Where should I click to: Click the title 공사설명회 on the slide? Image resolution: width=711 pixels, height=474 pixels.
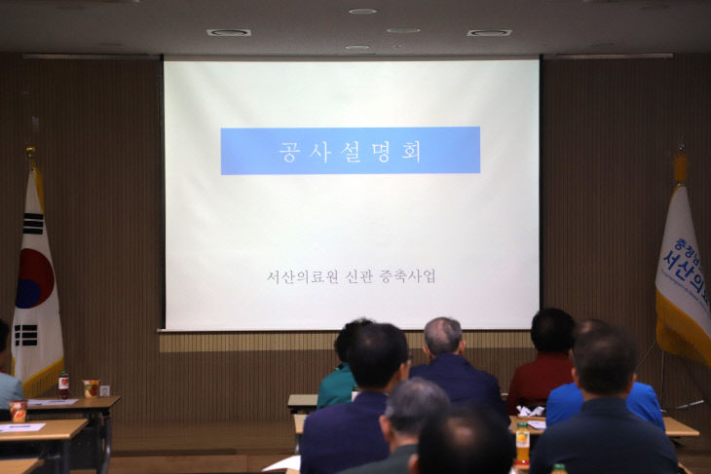[x=350, y=152]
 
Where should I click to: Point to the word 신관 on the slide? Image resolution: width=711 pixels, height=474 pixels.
[x=359, y=276]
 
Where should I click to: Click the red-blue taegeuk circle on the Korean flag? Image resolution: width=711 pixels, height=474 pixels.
[x=34, y=278]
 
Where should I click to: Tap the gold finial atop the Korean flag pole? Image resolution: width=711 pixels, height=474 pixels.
[x=31, y=153]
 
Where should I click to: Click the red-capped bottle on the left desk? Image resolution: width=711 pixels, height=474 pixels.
[x=63, y=384]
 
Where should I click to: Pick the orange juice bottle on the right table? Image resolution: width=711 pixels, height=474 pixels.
[x=522, y=443]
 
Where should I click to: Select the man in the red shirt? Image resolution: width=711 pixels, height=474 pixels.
[x=542, y=365]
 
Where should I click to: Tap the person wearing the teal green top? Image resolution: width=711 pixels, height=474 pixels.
[x=337, y=383]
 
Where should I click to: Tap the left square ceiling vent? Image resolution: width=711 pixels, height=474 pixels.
[x=228, y=32]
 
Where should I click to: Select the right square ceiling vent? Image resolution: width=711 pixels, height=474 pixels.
[x=488, y=32]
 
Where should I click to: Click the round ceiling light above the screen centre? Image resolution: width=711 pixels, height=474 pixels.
[x=362, y=11]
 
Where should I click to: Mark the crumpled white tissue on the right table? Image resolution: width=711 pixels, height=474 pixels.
[x=530, y=412]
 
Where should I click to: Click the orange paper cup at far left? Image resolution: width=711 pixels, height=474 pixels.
[x=18, y=412]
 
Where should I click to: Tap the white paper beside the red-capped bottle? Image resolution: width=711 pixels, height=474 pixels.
[x=51, y=401]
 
